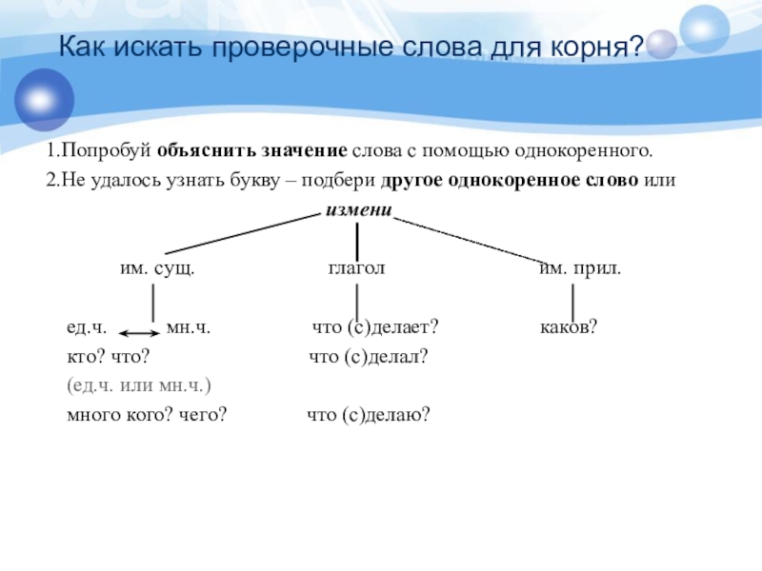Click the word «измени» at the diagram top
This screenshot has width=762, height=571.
359,209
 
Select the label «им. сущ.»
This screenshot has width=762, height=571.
157,269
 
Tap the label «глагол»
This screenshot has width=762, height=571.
356,268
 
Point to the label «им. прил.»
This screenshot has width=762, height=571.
580,269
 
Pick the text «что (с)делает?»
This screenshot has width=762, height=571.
375,328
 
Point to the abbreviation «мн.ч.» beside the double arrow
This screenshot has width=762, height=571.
188,328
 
